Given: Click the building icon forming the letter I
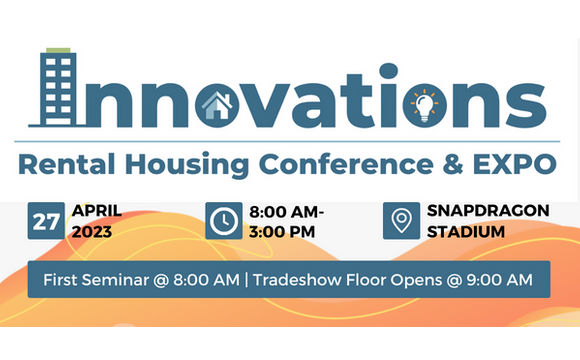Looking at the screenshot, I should tap(57, 88).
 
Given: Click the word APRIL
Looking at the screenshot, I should tap(97, 211).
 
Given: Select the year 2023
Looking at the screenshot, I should tap(93, 233).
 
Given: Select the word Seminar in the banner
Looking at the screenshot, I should tap(117, 279).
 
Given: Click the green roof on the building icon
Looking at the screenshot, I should tap(58, 50).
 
